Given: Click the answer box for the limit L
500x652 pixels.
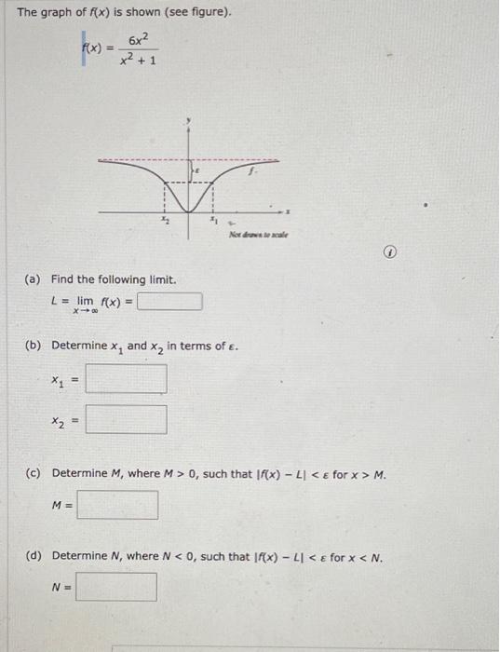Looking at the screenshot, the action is pyautogui.click(x=169, y=302).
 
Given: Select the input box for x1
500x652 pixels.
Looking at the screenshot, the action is pyautogui.click(x=127, y=379).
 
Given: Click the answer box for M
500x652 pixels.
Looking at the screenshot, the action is pyautogui.click(x=117, y=505).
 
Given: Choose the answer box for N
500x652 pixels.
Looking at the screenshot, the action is pyautogui.click(x=116, y=587).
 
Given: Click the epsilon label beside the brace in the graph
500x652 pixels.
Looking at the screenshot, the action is pyautogui.click(x=196, y=173).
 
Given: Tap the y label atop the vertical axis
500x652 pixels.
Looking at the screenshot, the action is pyautogui.click(x=188, y=121).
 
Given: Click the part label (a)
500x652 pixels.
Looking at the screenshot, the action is pyautogui.click(x=34, y=279).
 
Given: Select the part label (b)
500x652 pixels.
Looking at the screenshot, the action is pyautogui.click(x=34, y=346).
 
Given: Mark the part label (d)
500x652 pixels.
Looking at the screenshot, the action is pyautogui.click(x=34, y=557).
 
